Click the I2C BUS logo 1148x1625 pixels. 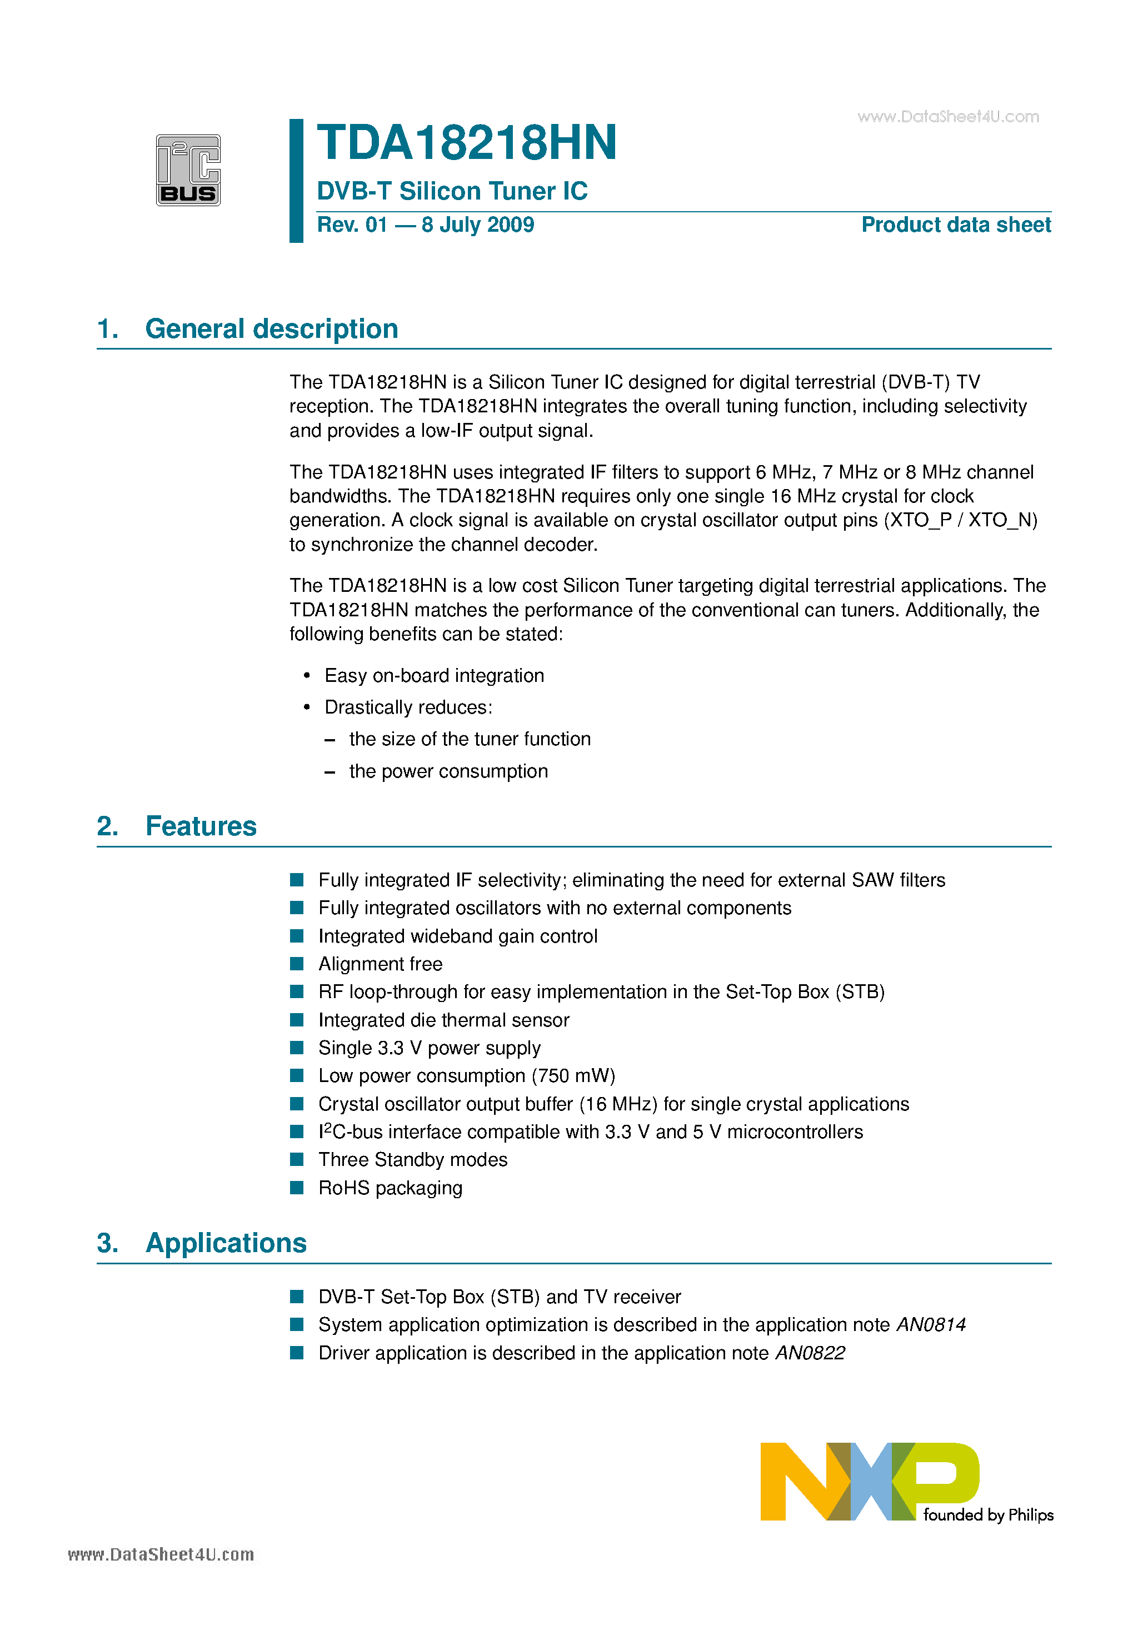pos(188,171)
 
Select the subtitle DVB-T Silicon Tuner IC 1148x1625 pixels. pos(452,191)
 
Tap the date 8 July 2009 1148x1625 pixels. pos(478,225)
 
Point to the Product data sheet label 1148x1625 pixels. pos(956,225)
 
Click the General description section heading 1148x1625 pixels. pos(271,329)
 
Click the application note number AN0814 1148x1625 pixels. pos(931,1325)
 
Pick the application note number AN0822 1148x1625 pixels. pos(810,1353)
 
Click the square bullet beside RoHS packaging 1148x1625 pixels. pos(297,1188)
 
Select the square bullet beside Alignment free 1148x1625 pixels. pos(297,964)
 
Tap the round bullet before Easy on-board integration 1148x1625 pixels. pos(307,676)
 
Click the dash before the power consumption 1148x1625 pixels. pos(329,772)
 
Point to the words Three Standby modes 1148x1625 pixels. pos(413,1160)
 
